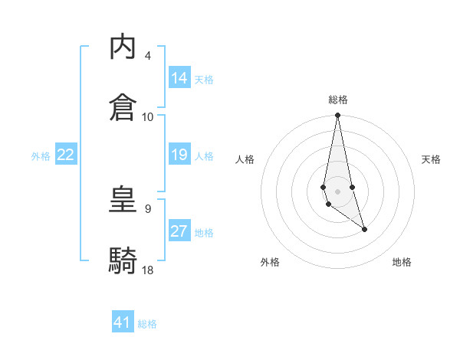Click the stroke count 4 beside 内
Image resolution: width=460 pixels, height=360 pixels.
click(147, 56)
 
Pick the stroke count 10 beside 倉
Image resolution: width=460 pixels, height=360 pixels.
click(148, 116)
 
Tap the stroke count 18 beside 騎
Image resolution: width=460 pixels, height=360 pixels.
click(148, 270)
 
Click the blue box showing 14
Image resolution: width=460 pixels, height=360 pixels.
click(179, 78)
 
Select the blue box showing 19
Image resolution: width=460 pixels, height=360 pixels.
click(179, 155)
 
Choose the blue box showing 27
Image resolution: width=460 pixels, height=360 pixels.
click(179, 231)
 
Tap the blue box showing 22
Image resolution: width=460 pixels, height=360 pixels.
click(66, 155)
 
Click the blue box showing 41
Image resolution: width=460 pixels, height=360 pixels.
click(123, 322)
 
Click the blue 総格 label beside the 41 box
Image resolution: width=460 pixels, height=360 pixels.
click(147, 324)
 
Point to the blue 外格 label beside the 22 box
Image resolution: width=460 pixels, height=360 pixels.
click(41, 156)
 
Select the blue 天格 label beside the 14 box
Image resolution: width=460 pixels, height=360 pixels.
click(204, 80)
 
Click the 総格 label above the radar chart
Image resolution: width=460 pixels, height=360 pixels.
click(338, 100)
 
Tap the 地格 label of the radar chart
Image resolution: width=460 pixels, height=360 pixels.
click(402, 263)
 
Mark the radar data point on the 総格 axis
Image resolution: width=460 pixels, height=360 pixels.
click(337, 116)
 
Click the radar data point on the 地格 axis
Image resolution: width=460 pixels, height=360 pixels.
click(364, 229)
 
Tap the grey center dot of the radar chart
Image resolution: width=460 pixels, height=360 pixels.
click(337, 191)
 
